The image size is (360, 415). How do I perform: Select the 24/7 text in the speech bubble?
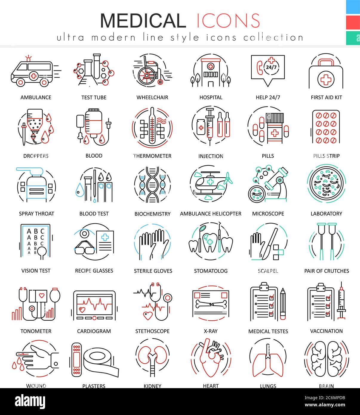(271, 67)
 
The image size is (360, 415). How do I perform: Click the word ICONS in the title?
(228, 21)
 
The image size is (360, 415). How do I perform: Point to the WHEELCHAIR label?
(152, 97)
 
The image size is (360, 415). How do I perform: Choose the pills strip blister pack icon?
(326, 127)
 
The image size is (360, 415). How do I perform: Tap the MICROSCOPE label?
(268, 214)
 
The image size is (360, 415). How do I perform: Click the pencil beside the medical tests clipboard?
(282, 304)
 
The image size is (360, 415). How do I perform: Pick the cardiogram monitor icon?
(94, 305)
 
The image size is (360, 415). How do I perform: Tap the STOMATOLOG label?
(211, 271)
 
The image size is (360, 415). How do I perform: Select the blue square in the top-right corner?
(353, 7)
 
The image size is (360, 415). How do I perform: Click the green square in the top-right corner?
(353, 38)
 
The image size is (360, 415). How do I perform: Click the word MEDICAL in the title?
(143, 21)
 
